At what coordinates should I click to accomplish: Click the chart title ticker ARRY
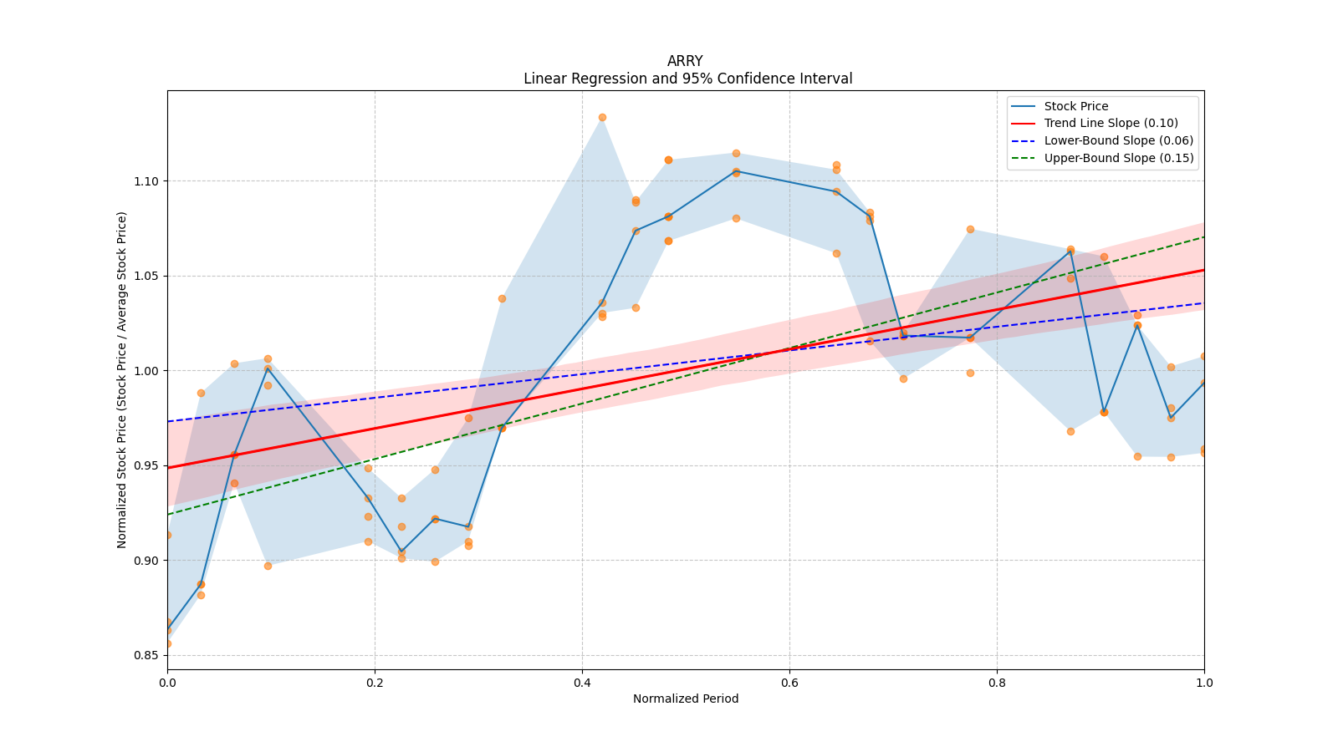click(x=685, y=61)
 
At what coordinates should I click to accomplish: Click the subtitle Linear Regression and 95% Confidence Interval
click(x=687, y=79)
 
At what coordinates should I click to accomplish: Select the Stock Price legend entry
click(x=1075, y=106)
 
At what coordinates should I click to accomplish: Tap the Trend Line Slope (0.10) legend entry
click(x=1111, y=124)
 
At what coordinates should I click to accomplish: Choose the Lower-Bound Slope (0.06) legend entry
click(x=1118, y=140)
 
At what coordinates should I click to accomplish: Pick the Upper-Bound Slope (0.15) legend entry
click(x=1118, y=158)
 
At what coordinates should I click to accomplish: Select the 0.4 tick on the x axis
click(x=582, y=683)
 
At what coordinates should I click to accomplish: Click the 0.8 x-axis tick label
click(x=997, y=683)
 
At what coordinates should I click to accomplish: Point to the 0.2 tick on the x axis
click(x=375, y=683)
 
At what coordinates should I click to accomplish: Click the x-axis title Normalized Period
click(x=686, y=699)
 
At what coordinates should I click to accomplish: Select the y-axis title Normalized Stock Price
click(x=122, y=379)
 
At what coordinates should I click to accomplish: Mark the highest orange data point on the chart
click(x=602, y=118)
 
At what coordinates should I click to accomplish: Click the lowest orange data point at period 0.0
click(x=167, y=643)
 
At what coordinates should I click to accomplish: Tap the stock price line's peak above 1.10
click(x=736, y=171)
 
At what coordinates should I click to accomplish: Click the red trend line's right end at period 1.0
click(x=1203, y=270)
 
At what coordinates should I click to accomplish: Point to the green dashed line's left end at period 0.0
click(x=168, y=514)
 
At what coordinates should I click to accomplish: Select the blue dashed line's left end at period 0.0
click(x=168, y=421)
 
